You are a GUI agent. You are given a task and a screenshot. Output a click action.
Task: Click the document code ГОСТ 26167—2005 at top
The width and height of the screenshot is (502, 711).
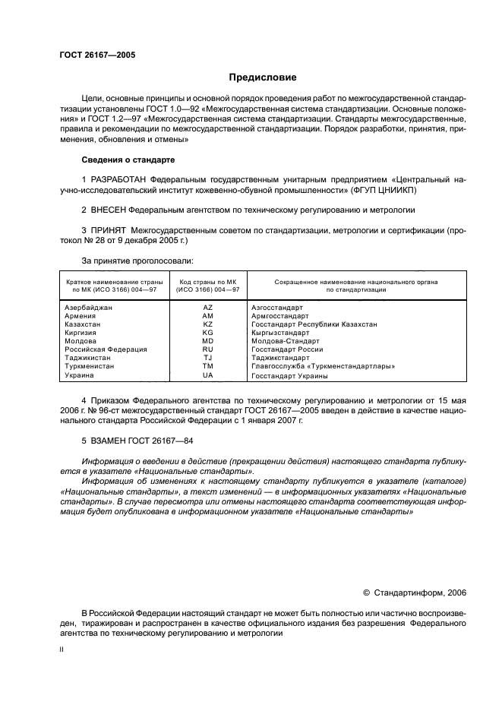(x=96, y=55)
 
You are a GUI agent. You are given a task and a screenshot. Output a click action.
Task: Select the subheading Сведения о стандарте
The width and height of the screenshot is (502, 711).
(x=128, y=160)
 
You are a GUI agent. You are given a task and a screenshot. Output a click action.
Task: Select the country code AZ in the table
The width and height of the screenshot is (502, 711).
(x=208, y=308)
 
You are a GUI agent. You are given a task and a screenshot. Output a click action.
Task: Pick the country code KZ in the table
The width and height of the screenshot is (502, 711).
(x=208, y=324)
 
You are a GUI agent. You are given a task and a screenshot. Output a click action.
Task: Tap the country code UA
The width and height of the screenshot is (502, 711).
(x=208, y=375)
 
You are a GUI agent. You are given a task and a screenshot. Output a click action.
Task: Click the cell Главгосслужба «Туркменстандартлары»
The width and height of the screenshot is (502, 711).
(x=322, y=366)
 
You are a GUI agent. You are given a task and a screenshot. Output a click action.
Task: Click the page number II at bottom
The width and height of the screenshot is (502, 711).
(x=62, y=650)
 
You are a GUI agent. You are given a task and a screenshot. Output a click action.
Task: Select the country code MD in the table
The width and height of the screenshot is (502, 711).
(x=208, y=341)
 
